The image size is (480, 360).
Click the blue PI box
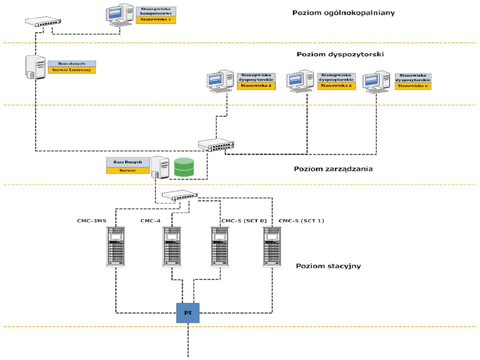(188, 312)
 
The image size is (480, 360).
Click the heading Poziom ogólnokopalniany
(343, 12)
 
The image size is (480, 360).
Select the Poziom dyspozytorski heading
(340, 54)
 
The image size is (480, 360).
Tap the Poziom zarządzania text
(333, 169)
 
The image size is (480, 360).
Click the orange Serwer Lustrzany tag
(71, 70)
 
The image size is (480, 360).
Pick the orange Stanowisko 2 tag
(336, 85)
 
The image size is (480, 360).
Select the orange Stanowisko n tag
(413, 86)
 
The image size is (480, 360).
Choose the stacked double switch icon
(216, 144)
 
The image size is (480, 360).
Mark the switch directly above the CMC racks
(179, 195)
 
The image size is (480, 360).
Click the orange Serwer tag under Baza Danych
(128, 171)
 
